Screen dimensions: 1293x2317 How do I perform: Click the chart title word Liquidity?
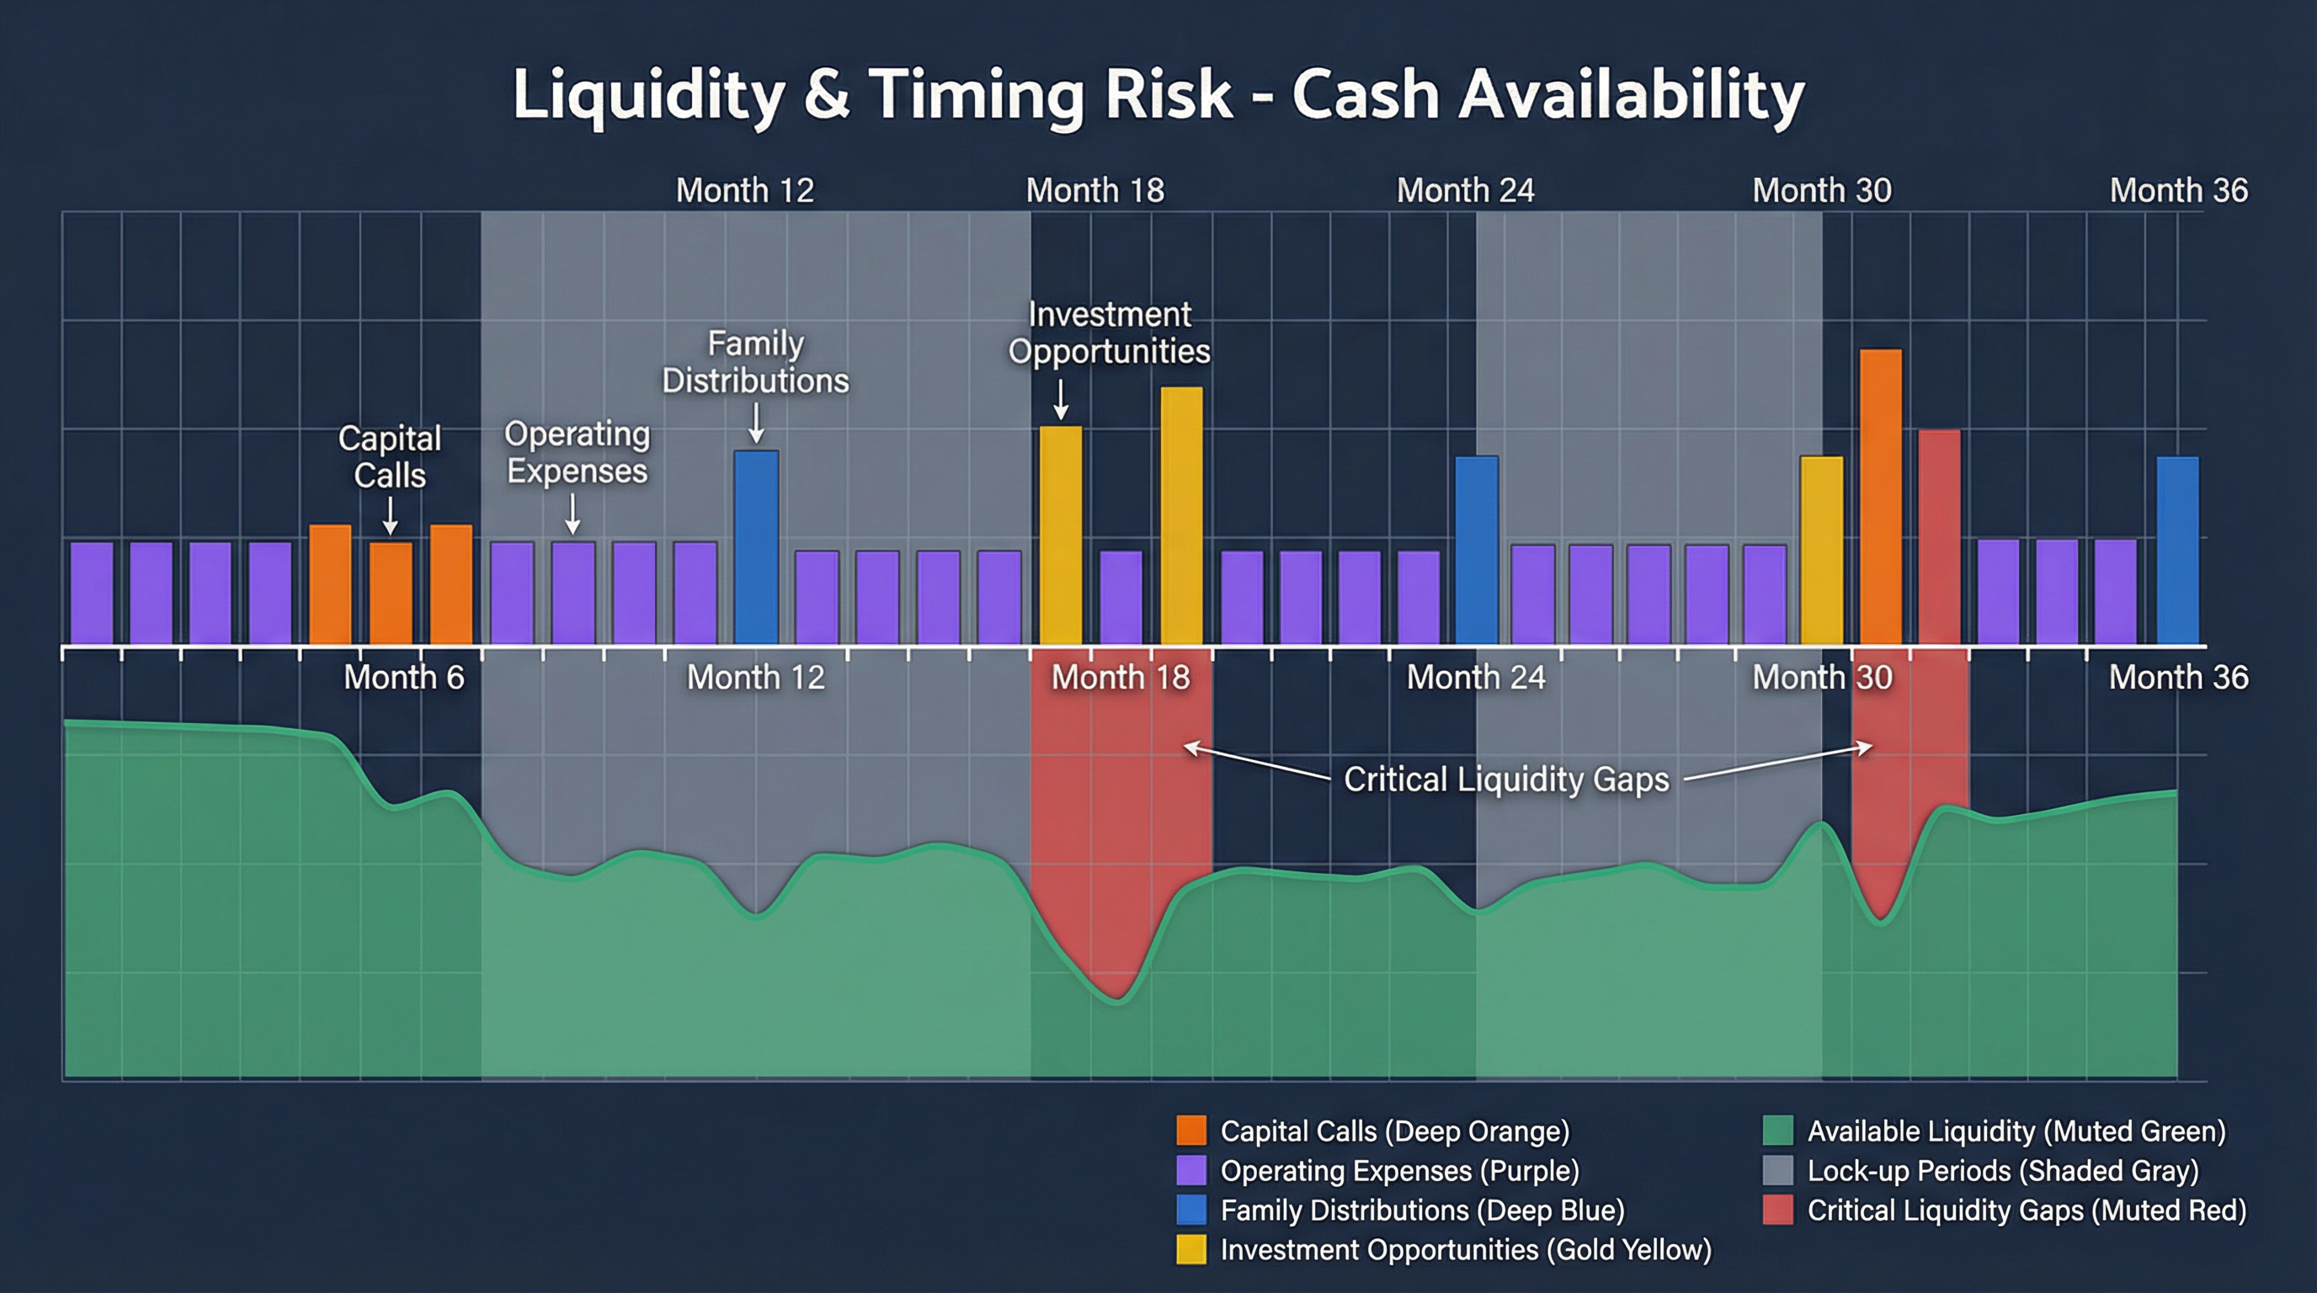click(x=647, y=95)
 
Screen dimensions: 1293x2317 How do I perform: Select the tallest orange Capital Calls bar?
click(x=1880, y=497)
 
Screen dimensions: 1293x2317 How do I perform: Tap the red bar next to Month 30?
click(x=1939, y=537)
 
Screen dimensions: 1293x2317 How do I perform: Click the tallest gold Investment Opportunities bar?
click(x=1181, y=515)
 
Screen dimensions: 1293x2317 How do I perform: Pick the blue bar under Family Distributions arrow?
click(x=756, y=546)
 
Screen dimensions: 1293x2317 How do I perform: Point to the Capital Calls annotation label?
click(x=389, y=457)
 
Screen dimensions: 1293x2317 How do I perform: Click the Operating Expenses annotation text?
click(x=577, y=452)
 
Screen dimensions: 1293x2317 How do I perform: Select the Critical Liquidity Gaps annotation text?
click(x=1505, y=779)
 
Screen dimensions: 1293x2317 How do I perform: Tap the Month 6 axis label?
click(x=404, y=677)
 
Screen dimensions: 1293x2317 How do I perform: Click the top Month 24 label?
click(x=1464, y=190)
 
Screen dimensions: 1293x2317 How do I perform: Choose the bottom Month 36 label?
click(x=2177, y=677)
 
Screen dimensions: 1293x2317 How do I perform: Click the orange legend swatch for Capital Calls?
click(x=1190, y=1131)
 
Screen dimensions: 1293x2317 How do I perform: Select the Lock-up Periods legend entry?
click(x=2002, y=1171)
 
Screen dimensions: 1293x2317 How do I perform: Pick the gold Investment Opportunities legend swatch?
click(x=1190, y=1250)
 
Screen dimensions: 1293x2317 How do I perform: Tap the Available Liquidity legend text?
click(x=2016, y=1131)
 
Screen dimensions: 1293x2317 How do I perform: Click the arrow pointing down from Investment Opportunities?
click(x=1061, y=399)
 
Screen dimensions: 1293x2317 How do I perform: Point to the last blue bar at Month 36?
click(x=2177, y=551)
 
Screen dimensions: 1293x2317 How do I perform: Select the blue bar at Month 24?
click(x=1476, y=551)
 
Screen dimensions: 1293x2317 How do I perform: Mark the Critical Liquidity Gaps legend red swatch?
click(x=1777, y=1211)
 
